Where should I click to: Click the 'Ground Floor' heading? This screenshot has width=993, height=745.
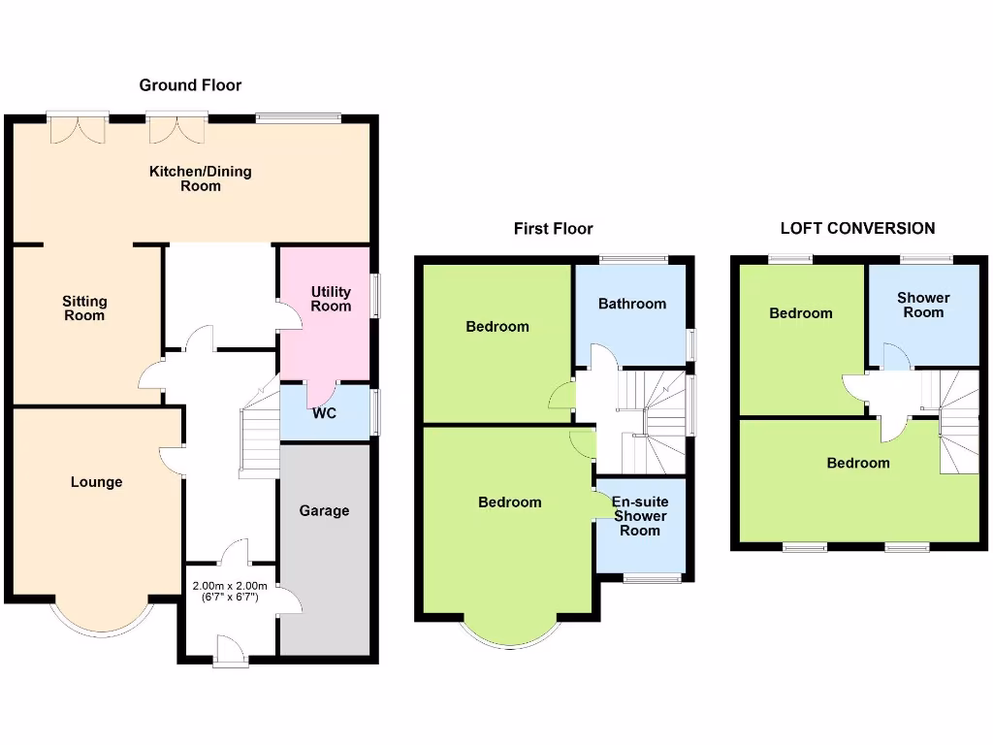coord(190,85)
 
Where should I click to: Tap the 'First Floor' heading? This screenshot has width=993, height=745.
coord(553,229)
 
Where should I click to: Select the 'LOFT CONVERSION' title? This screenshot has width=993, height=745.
coord(857,229)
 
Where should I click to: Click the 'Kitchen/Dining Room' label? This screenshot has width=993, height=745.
coord(200,178)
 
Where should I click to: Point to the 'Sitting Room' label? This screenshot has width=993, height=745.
coord(84,308)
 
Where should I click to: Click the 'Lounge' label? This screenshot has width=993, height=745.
coord(96,482)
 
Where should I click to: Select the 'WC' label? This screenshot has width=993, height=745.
coord(326,413)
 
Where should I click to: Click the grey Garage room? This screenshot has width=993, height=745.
coord(324,543)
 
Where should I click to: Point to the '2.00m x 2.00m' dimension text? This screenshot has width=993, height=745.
coord(229,586)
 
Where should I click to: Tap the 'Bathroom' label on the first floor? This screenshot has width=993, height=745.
coord(631,304)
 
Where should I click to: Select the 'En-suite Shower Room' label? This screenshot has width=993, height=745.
coord(639,516)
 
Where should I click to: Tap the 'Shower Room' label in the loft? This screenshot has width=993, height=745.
coord(923,305)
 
